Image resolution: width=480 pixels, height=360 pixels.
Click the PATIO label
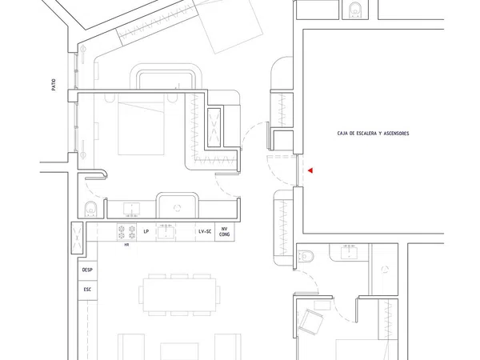coord(54,85)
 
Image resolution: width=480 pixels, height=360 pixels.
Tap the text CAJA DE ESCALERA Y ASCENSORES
coord(373,134)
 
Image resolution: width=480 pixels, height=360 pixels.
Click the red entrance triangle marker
coord(310,170)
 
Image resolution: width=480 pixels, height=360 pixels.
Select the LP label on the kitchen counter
coord(146,232)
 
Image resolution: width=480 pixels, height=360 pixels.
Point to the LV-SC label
coord(205,232)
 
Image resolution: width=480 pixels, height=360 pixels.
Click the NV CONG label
coord(224,232)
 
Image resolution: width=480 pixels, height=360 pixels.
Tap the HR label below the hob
coord(126,245)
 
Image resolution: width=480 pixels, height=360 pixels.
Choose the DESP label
coord(87,270)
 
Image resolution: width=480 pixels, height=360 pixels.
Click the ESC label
coord(87,290)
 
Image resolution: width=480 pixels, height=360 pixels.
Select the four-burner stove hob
coord(126,232)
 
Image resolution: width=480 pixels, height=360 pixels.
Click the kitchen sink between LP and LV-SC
coord(166,232)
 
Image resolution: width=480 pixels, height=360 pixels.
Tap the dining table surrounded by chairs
coord(180,294)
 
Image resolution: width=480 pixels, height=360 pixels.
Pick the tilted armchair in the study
coord(311,322)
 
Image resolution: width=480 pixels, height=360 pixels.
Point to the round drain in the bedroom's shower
coord(177,208)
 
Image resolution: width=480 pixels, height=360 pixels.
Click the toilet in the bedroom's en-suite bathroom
coord(90,209)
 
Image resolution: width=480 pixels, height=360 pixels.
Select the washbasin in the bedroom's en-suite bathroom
coord(132,210)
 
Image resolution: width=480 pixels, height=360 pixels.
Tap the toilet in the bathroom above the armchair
coord(306,256)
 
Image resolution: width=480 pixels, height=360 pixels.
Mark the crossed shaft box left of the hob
coord(77,238)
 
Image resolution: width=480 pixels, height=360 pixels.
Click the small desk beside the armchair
coord(322,306)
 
